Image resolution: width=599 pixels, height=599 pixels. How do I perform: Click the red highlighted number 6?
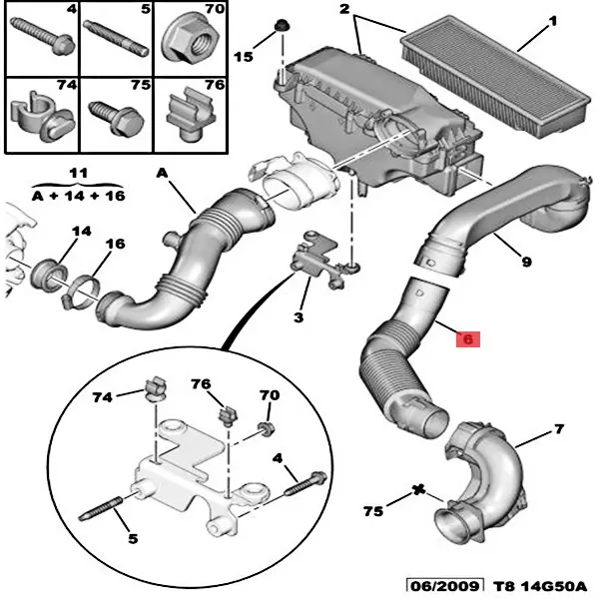click(x=468, y=339)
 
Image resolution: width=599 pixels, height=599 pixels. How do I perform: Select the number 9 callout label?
click(x=525, y=264)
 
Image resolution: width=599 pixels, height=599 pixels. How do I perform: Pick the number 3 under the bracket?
click(x=299, y=317)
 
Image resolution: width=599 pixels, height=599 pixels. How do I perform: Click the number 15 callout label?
click(x=245, y=58)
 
